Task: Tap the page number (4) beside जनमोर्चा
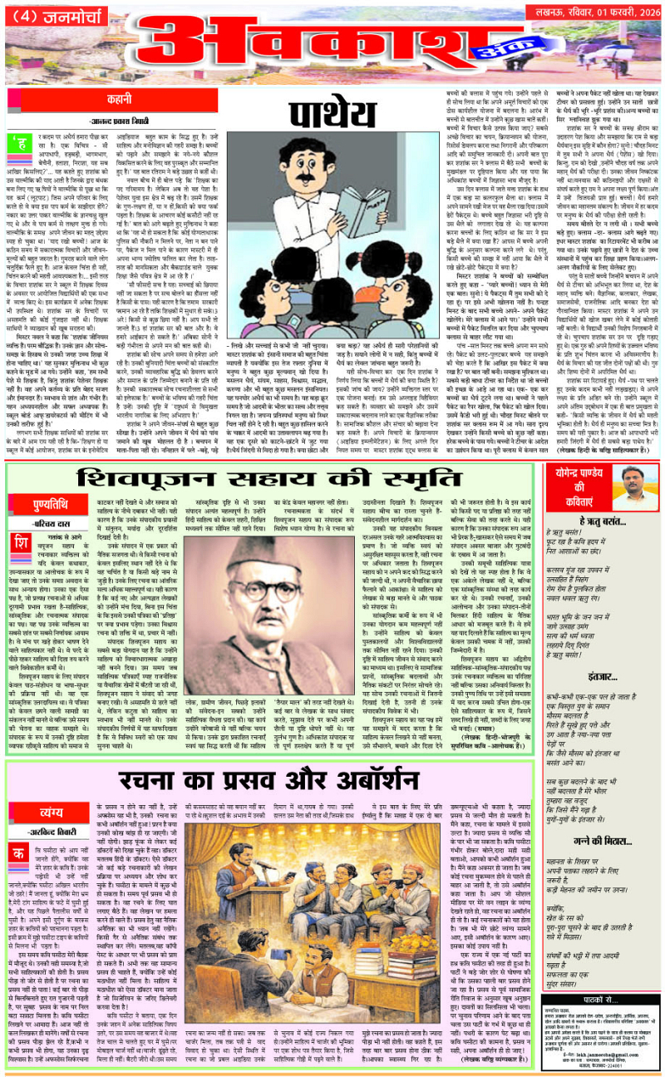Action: click(26, 14)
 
